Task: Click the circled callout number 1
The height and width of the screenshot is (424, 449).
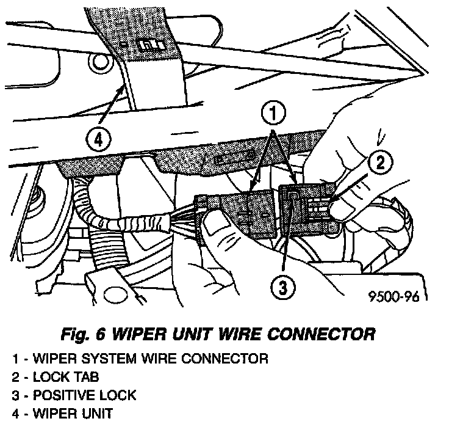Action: coord(273,113)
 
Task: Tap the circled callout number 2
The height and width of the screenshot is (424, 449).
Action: coord(379,163)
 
